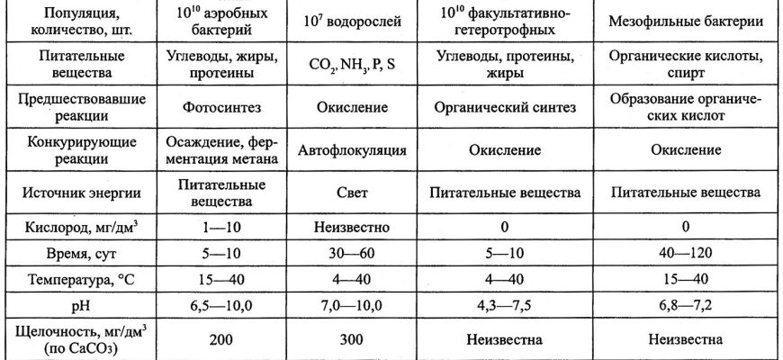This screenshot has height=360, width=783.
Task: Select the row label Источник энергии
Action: click(80, 193)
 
